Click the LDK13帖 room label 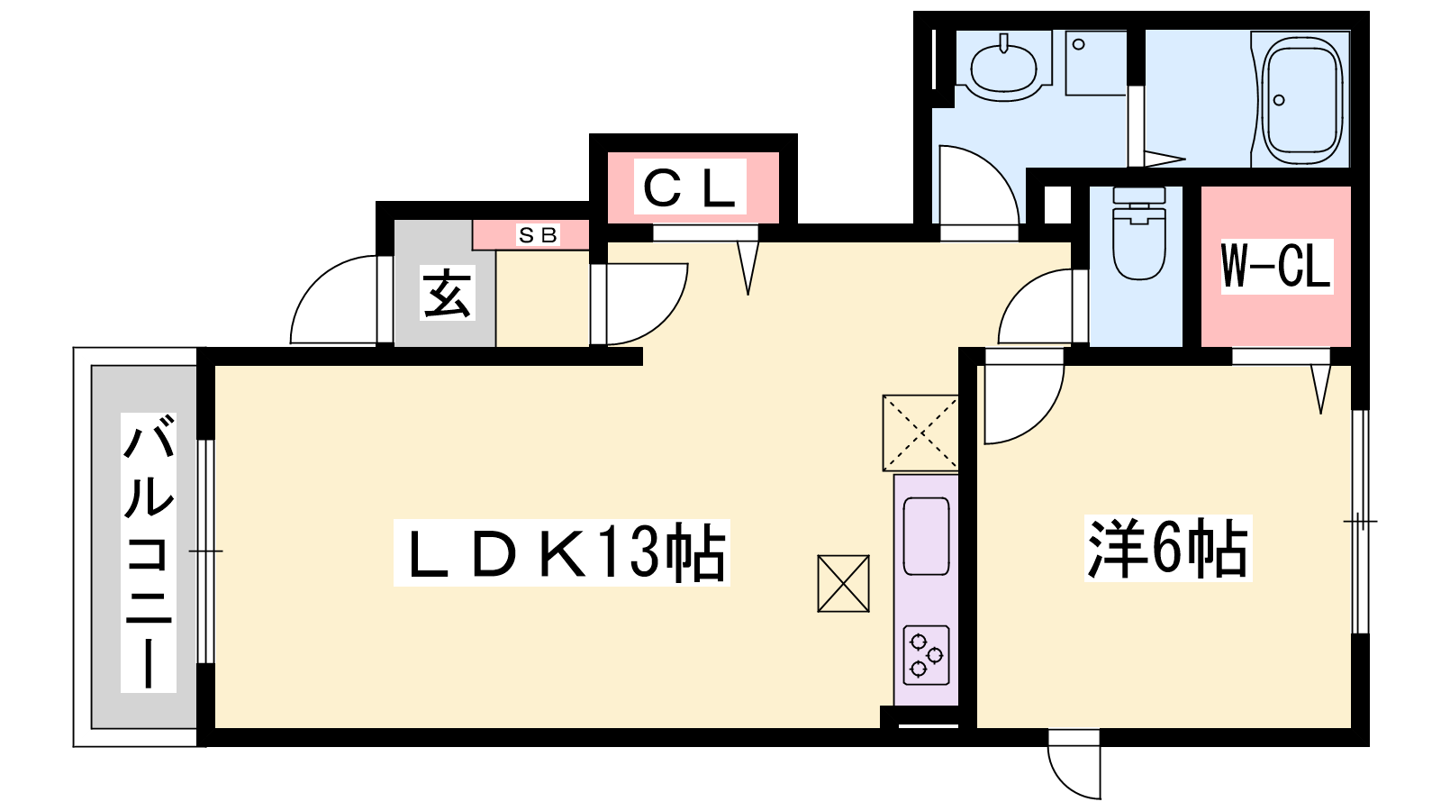[561, 552]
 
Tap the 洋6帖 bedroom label [1168, 548]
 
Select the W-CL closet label [1275, 266]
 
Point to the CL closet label [691, 187]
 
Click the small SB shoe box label [538, 235]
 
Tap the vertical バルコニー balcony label [148, 551]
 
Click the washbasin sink [1004, 65]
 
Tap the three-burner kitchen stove [926, 655]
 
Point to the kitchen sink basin [926, 537]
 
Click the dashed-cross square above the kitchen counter [920, 433]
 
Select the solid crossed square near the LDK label [844, 583]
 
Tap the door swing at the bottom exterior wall [1074, 766]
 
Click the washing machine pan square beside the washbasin [1096, 63]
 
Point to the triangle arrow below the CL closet [748, 266]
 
